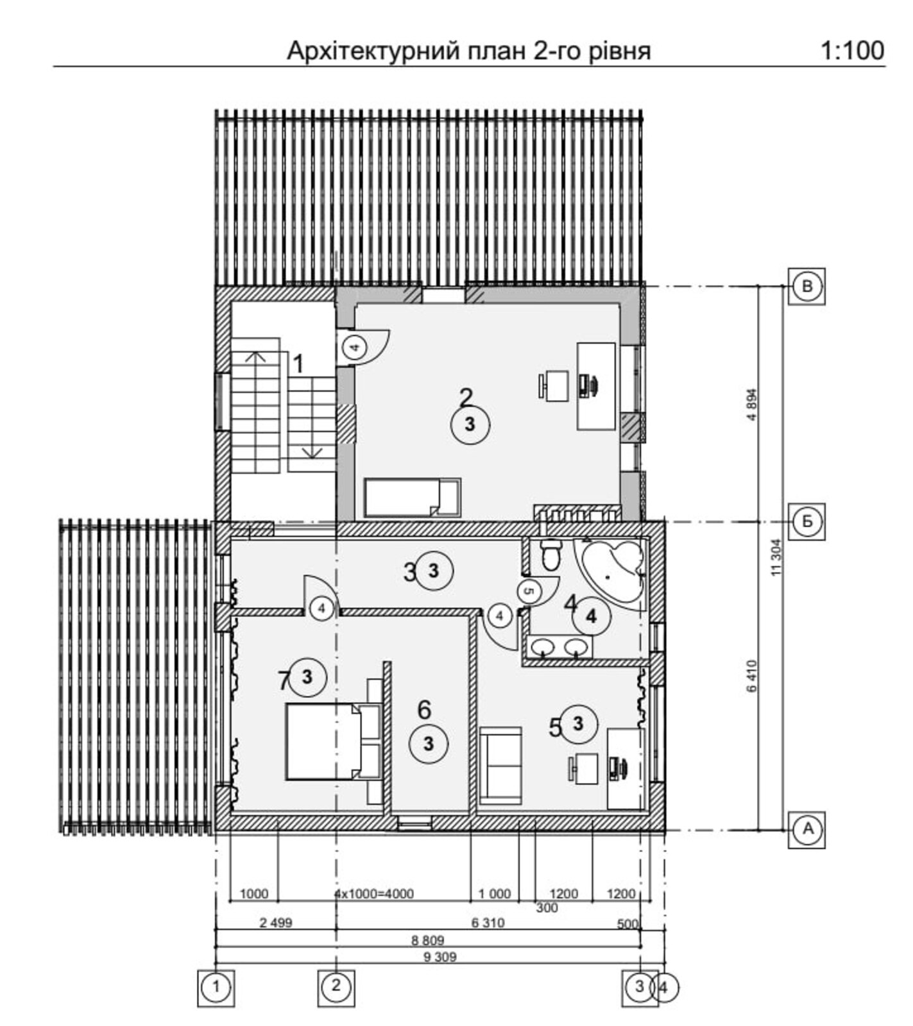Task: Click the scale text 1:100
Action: click(x=853, y=51)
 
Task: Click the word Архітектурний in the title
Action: click(x=372, y=51)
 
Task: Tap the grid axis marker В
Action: click(x=807, y=286)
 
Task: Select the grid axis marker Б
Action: click(x=807, y=521)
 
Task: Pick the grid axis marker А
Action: click(x=807, y=829)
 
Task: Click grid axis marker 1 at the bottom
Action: click(x=216, y=986)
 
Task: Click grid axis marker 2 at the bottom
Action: click(x=336, y=986)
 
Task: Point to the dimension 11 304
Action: click(x=777, y=557)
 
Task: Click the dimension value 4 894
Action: click(x=753, y=404)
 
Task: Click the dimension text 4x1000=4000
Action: click(x=374, y=893)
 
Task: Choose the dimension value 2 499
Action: click(x=276, y=923)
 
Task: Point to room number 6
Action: click(x=424, y=709)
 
